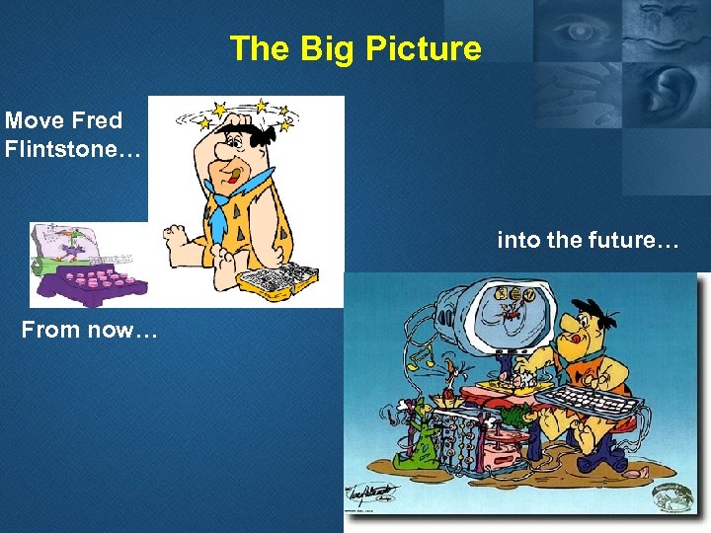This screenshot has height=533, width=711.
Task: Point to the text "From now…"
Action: (x=89, y=330)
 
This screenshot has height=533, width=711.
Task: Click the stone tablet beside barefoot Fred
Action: (x=280, y=280)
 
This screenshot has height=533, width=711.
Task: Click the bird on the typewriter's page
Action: (x=62, y=243)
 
